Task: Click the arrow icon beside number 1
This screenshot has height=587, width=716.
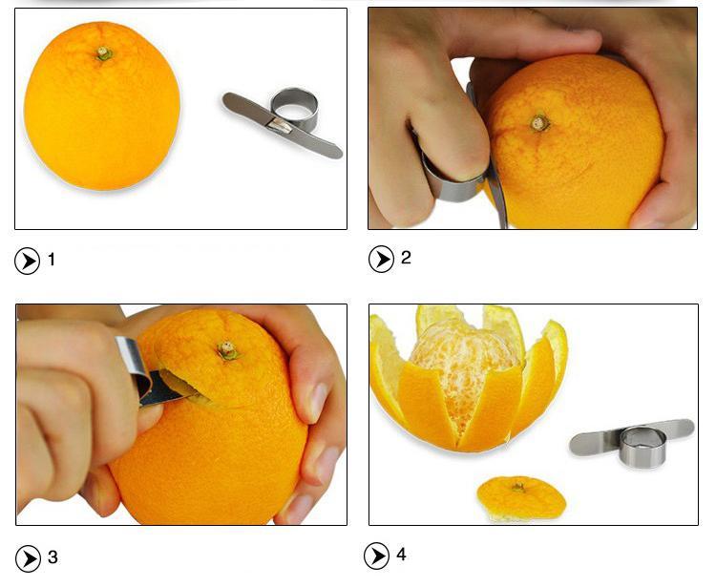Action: pos(28,261)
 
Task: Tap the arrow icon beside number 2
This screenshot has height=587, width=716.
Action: pos(381,259)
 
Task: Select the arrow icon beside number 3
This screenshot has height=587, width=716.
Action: pos(28,558)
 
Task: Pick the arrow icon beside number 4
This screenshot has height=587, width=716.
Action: pos(377,556)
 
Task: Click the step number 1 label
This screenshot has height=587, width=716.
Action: pos(52,260)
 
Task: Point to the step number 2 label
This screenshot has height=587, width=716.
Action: pos(406,258)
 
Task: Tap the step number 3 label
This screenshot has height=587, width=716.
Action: pos(53,557)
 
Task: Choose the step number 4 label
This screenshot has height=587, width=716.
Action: pos(402,555)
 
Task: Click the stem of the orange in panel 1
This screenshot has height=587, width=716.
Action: pos(104,54)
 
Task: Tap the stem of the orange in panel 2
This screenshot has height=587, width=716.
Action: pos(540,122)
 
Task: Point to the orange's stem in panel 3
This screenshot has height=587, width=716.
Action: pos(227,350)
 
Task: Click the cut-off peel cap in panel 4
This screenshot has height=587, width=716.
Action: pos(521,496)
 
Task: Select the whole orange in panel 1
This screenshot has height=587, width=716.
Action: pos(102,108)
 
